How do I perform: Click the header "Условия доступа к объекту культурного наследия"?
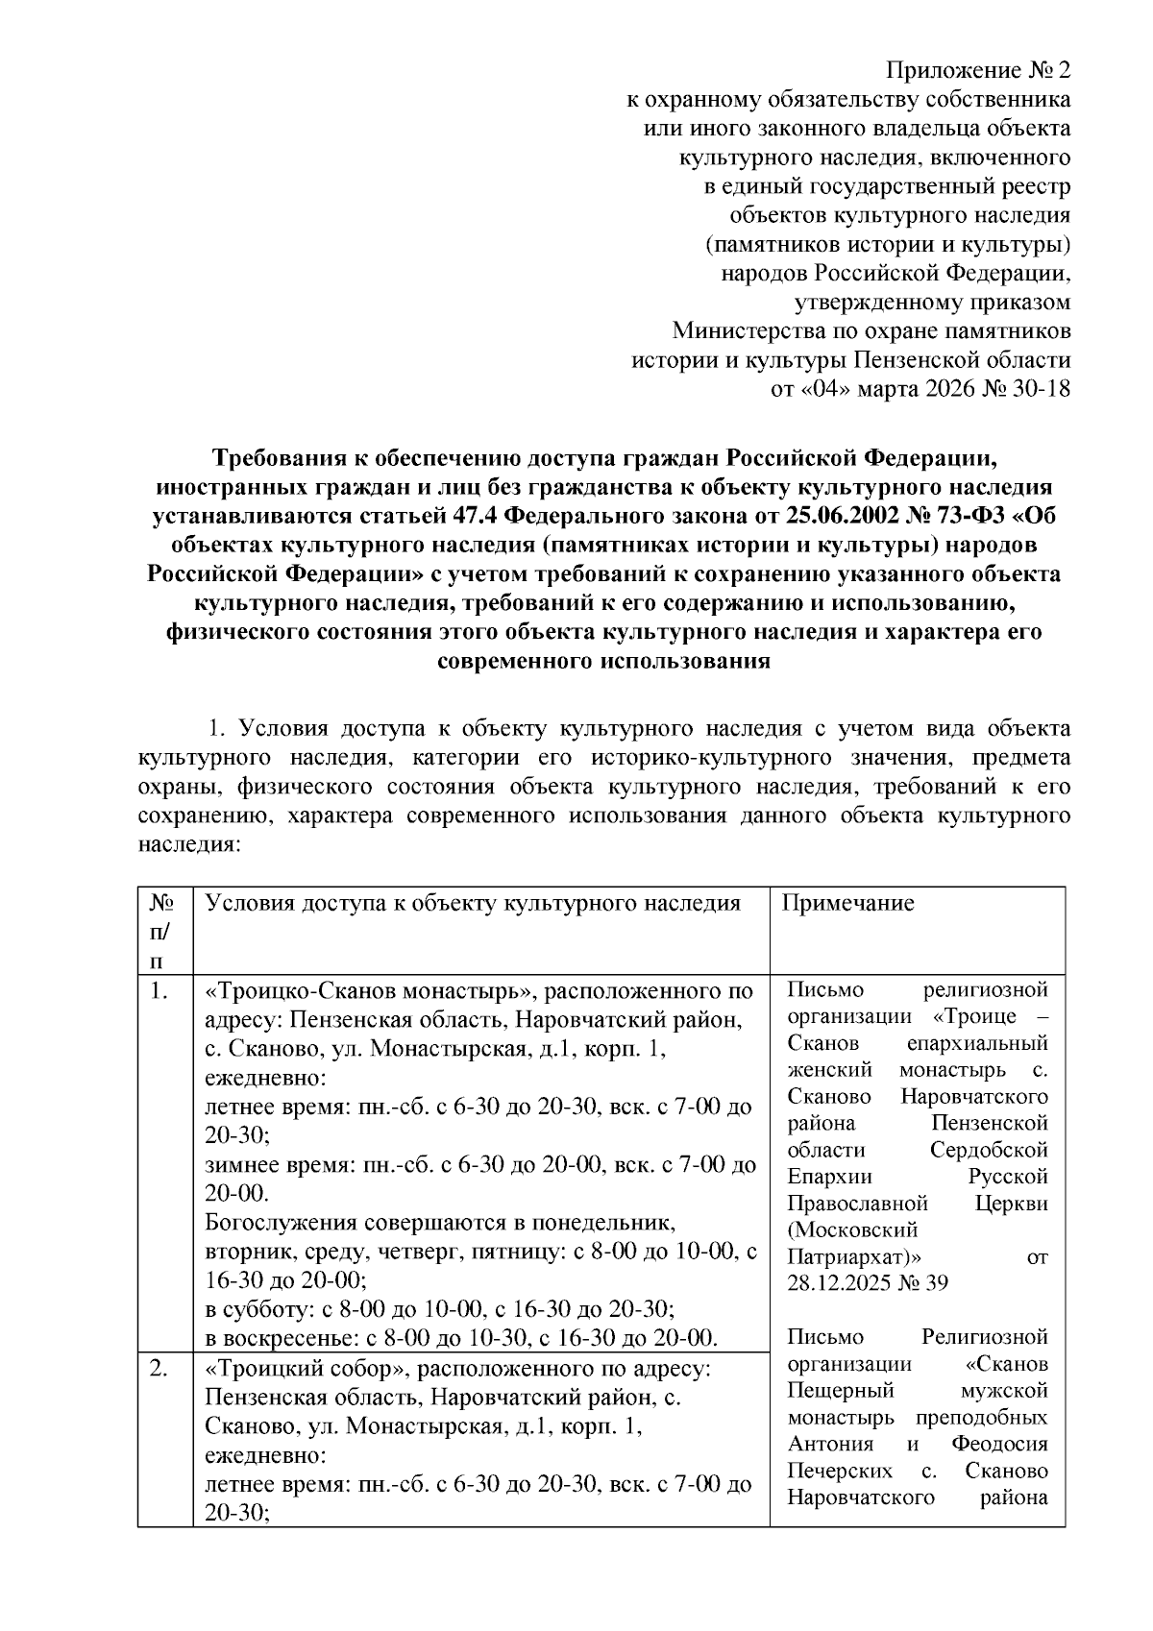(474, 903)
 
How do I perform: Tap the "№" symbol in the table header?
(161, 903)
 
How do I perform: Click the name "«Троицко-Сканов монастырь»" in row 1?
(362, 990)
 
